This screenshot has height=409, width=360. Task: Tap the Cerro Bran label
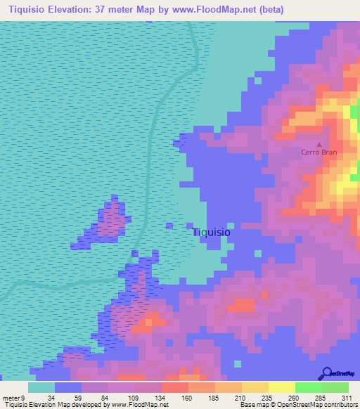[319, 152]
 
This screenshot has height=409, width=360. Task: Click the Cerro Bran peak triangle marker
[319, 143]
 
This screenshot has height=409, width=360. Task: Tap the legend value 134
[161, 398]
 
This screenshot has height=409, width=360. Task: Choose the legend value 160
[188, 398]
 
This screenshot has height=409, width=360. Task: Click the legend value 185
[214, 398]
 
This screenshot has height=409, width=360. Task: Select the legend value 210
[241, 398]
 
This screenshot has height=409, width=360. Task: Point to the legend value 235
[268, 398]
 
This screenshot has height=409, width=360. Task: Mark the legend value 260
[295, 398]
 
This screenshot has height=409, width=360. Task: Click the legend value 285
[321, 398]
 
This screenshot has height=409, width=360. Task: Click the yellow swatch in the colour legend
[281, 387]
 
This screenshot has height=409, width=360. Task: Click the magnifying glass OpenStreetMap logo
[328, 373]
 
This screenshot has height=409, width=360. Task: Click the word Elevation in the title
[69, 9]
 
